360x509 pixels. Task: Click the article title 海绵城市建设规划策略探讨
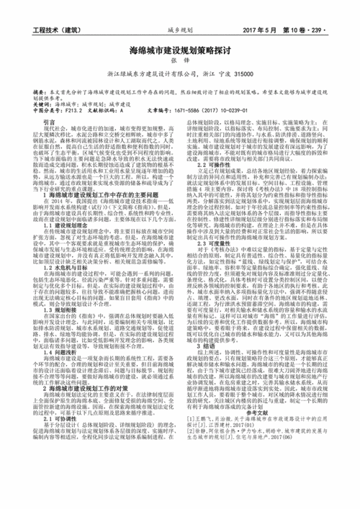[x=179, y=52]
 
